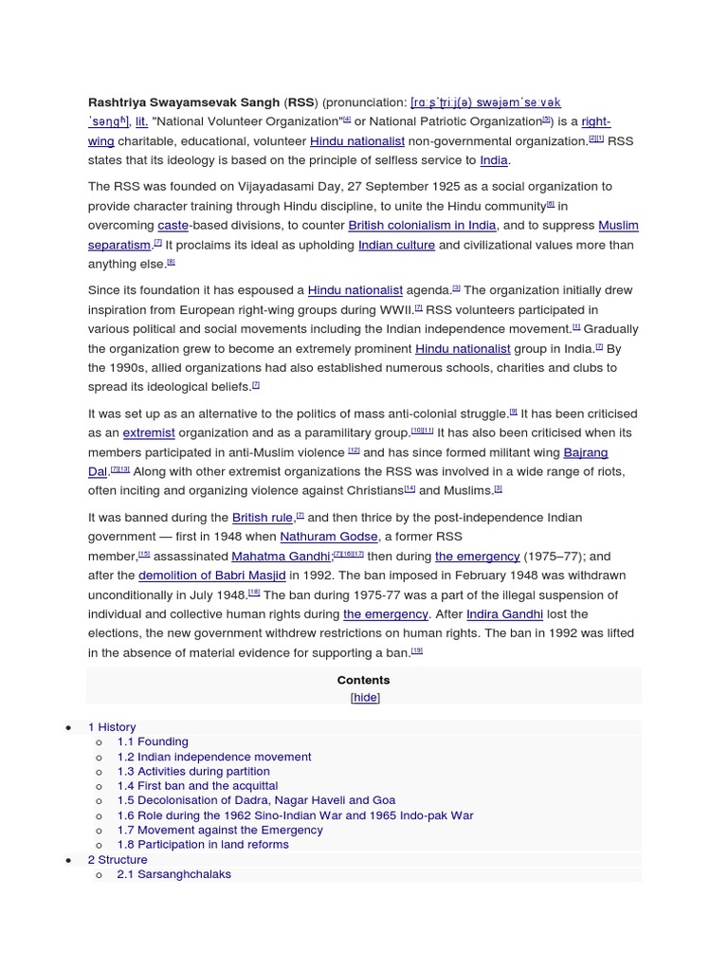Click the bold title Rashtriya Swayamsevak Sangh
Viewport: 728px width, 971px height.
(184, 102)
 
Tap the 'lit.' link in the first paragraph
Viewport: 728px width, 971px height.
(140, 121)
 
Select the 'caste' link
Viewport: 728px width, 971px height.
(173, 226)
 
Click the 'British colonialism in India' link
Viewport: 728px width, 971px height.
(422, 226)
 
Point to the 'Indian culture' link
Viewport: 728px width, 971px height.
(396, 245)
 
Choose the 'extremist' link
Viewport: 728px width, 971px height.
(149, 432)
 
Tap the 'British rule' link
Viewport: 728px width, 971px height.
(263, 518)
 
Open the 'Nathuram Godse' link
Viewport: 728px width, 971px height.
(328, 537)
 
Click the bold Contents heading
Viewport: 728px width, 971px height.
(363, 680)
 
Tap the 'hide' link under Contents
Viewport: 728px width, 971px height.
(365, 697)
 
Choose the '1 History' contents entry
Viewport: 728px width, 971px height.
(112, 727)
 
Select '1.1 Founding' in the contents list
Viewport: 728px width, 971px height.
(153, 742)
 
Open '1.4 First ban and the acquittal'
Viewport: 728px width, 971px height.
(197, 786)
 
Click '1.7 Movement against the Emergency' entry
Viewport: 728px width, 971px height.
(220, 830)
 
